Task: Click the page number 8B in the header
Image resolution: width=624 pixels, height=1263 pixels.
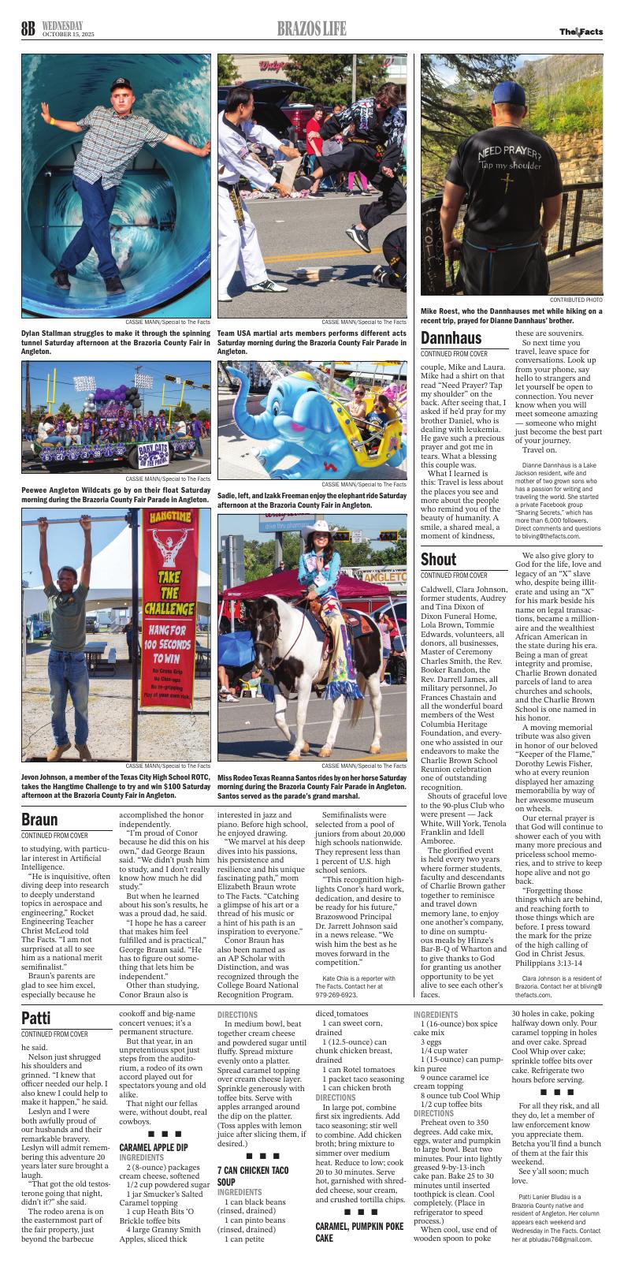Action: (x=28, y=30)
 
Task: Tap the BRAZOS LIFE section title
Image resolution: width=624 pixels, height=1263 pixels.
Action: (x=311, y=30)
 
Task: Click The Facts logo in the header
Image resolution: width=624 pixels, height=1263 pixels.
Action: (x=581, y=32)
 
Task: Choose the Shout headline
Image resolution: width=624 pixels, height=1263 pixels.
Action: (x=438, y=560)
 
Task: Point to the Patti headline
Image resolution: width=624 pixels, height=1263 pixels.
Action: (x=36, y=1018)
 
